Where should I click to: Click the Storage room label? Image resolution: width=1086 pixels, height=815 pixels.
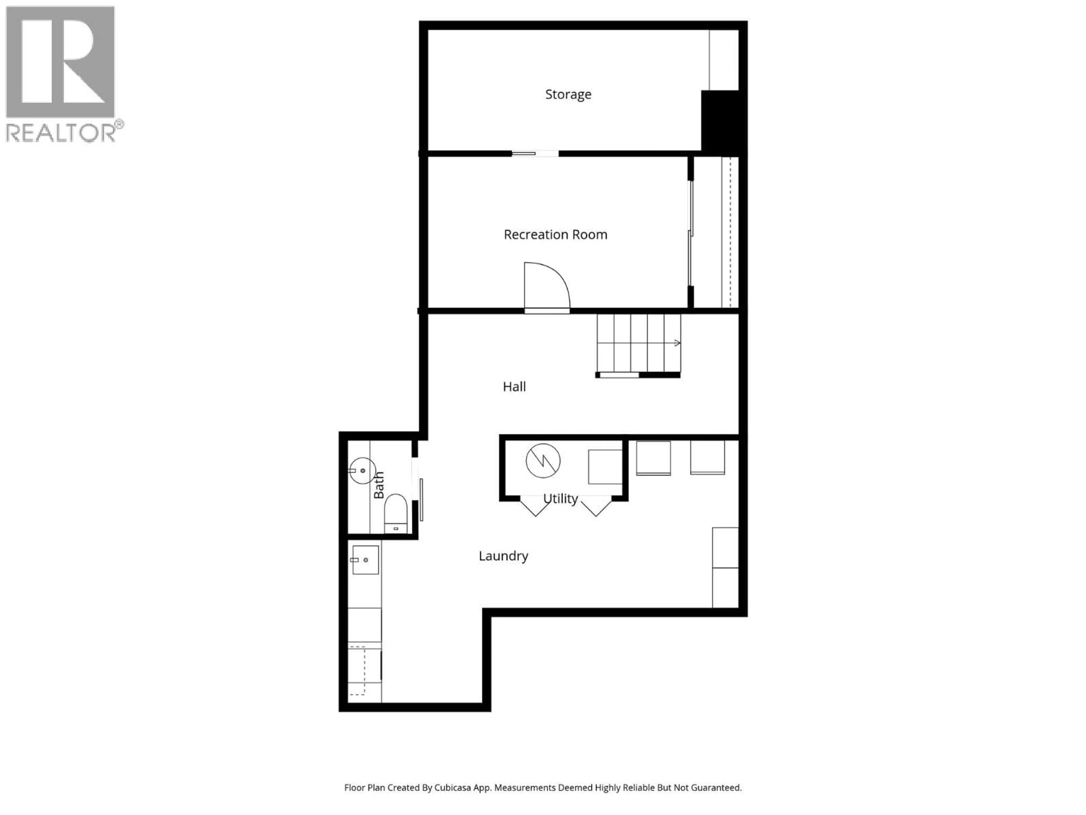point(568,94)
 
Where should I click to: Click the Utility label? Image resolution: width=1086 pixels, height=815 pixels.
point(560,499)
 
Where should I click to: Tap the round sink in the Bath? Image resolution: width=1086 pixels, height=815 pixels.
point(362,471)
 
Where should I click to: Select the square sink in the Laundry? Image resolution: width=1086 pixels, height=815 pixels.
point(365,559)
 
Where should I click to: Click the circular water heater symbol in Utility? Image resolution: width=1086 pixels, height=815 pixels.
point(543,461)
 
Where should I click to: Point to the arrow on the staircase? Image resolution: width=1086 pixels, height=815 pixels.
point(676,343)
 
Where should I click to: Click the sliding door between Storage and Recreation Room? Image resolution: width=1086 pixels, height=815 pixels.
point(535,154)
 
